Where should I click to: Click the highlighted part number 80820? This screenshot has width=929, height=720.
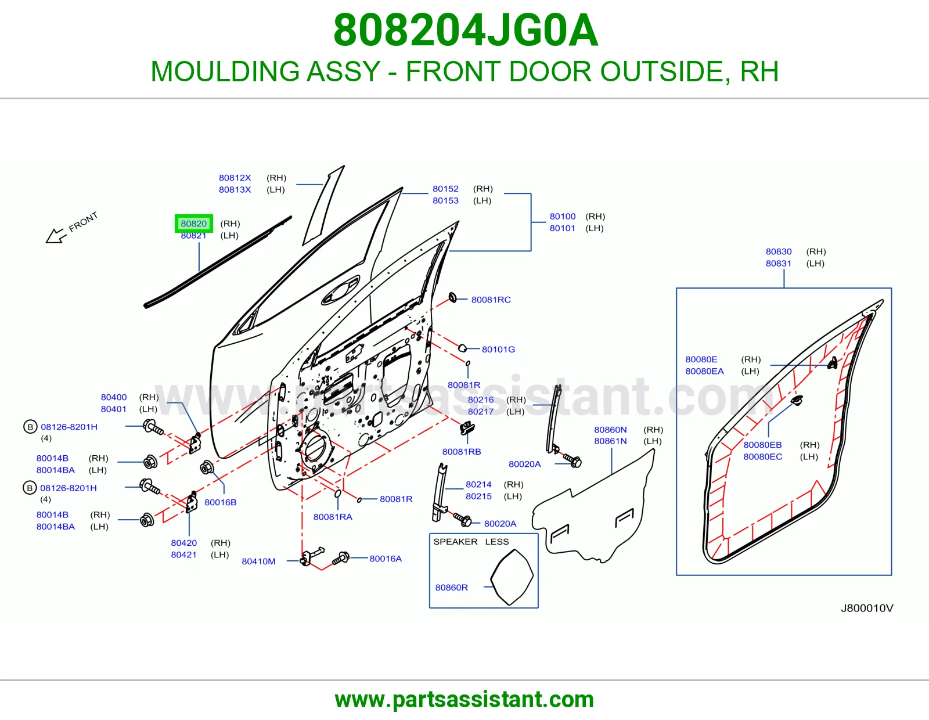pyautogui.click(x=194, y=224)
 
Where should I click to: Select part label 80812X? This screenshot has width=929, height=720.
pyautogui.click(x=235, y=178)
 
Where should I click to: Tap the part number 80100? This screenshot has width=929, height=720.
pyautogui.click(x=563, y=217)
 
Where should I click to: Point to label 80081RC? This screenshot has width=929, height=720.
pyautogui.click(x=491, y=300)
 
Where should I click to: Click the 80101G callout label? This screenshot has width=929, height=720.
pyautogui.click(x=498, y=350)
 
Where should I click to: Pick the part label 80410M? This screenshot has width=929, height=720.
pyautogui.click(x=258, y=561)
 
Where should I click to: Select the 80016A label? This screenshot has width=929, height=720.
pyautogui.click(x=386, y=559)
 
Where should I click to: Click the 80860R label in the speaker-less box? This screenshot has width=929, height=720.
pyautogui.click(x=452, y=588)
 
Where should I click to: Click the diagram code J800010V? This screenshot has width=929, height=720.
pyautogui.click(x=867, y=608)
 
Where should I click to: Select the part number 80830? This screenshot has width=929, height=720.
pyautogui.click(x=779, y=251)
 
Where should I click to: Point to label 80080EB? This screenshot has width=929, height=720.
pyautogui.click(x=762, y=445)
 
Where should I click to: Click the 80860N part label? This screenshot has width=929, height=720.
pyautogui.click(x=610, y=430)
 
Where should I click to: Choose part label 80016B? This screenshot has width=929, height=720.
pyautogui.click(x=220, y=502)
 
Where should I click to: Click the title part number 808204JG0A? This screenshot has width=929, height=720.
pyautogui.click(x=466, y=30)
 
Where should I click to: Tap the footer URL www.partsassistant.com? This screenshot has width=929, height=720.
pyautogui.click(x=464, y=700)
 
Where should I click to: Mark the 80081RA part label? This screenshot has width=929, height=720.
pyautogui.click(x=333, y=517)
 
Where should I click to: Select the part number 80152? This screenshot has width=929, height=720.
pyautogui.click(x=445, y=189)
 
